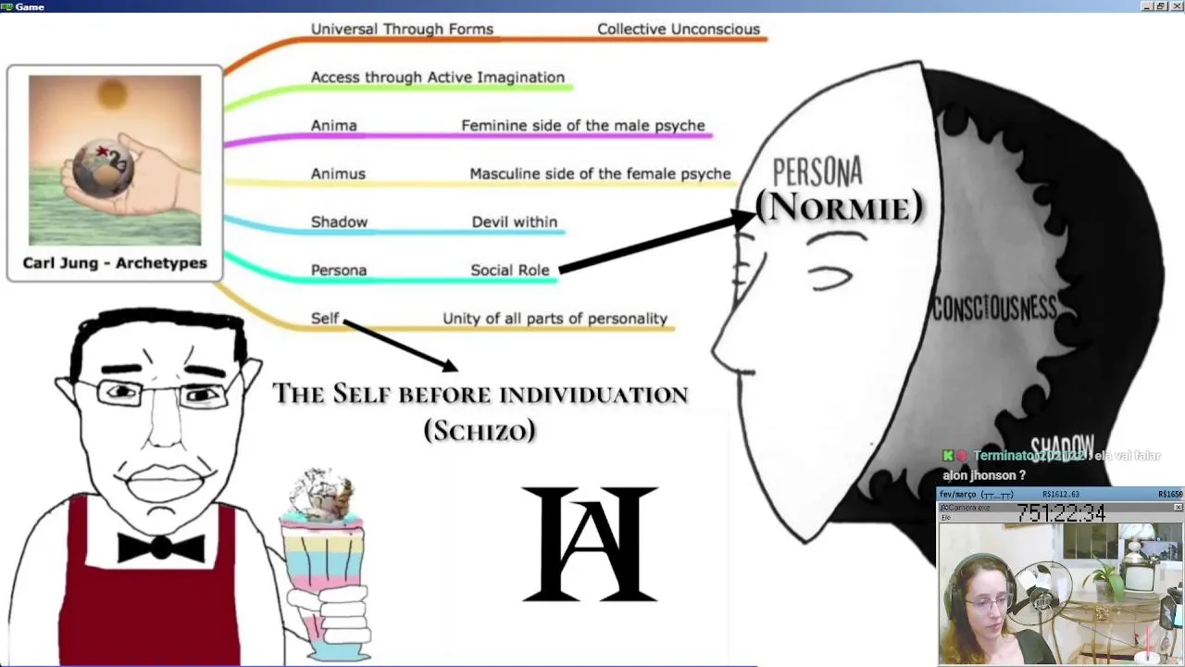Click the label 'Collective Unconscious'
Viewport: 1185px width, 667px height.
pos(678,29)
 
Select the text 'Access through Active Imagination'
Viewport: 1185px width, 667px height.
pos(437,77)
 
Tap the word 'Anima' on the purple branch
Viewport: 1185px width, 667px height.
pos(333,125)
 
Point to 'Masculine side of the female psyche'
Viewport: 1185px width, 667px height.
pos(600,173)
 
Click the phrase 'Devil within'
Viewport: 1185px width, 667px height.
pos(514,221)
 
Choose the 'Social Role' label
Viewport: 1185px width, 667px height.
pos(509,270)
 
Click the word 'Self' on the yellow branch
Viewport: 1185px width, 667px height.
pos(325,318)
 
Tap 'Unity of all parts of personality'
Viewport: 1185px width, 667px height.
pos(555,318)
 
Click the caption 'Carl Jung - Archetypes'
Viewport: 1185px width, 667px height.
pos(115,263)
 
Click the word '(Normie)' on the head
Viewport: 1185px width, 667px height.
pos(839,206)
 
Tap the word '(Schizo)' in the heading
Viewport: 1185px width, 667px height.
pos(480,430)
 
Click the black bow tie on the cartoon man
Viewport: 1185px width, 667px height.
pos(160,547)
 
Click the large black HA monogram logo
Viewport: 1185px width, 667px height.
pos(590,545)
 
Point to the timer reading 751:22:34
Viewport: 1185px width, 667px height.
pos(1060,512)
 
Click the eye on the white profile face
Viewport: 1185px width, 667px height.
pos(831,276)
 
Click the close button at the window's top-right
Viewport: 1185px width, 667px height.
pos(1176,6)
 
